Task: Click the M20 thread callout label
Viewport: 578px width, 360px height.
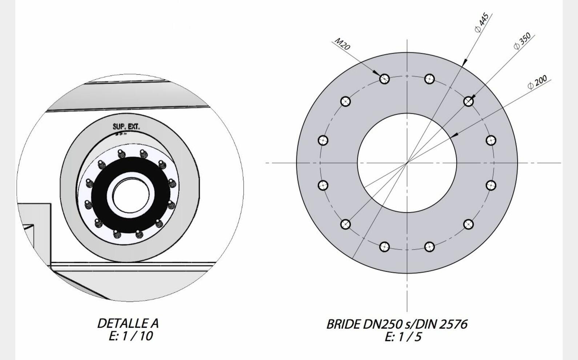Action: point(342,44)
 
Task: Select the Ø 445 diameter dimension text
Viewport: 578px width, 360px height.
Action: point(482,23)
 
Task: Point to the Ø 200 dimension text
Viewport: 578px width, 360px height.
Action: point(537,82)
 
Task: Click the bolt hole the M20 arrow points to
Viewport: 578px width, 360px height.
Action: point(384,78)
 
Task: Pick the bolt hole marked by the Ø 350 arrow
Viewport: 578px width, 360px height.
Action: point(469,101)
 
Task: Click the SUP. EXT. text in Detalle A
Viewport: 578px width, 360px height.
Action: point(126,127)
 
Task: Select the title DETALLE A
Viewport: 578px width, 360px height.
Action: point(128,323)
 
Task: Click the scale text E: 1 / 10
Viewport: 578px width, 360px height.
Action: point(131,336)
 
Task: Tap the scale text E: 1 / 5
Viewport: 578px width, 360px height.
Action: point(403,337)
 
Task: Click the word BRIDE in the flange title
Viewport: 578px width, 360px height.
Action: point(344,324)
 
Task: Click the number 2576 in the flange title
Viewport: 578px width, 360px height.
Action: point(453,324)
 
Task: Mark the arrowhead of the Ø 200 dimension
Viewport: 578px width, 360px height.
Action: point(453,135)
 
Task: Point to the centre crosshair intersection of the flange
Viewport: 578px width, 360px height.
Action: point(407,163)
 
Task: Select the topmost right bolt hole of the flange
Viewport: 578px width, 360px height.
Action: point(429,78)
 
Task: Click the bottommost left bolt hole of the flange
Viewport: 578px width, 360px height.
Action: point(384,247)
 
